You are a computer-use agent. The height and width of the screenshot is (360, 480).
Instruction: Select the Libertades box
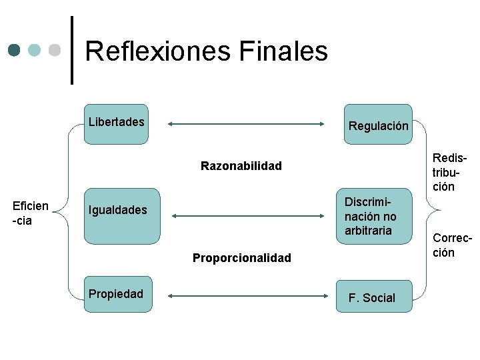tap(117, 125)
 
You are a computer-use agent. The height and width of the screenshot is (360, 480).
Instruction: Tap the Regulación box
tap(378, 125)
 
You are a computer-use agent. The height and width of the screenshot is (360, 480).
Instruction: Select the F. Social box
tap(373, 294)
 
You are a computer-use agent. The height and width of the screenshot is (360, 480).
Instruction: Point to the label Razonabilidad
tap(241, 166)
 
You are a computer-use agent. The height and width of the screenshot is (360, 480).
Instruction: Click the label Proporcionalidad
tap(241, 258)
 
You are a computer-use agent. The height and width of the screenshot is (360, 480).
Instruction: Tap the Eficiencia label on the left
tap(31, 213)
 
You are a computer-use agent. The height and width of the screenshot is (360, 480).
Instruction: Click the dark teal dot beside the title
tap(15, 50)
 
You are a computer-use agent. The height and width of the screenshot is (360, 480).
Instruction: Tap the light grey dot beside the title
tap(55, 50)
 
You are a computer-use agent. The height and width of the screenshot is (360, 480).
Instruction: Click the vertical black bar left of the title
tap(72, 50)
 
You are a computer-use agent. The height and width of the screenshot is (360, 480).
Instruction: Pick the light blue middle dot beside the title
tap(35, 50)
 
